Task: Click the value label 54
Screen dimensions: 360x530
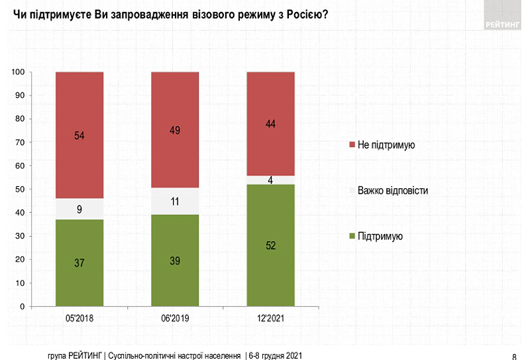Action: point(79,135)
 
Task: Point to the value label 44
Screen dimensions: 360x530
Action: point(270,123)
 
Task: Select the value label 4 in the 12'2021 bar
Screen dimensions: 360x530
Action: point(271,180)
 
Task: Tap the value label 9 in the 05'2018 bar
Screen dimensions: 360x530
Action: point(79,210)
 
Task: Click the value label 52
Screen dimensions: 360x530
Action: point(270,245)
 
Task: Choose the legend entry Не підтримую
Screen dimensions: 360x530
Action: point(386,145)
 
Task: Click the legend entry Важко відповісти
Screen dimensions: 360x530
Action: point(392,190)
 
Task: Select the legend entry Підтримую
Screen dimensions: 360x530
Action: point(380,236)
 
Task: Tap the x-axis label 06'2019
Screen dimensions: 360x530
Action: point(175,319)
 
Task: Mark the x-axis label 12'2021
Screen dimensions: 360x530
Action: point(270,319)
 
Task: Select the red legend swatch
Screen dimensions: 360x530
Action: point(351,145)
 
